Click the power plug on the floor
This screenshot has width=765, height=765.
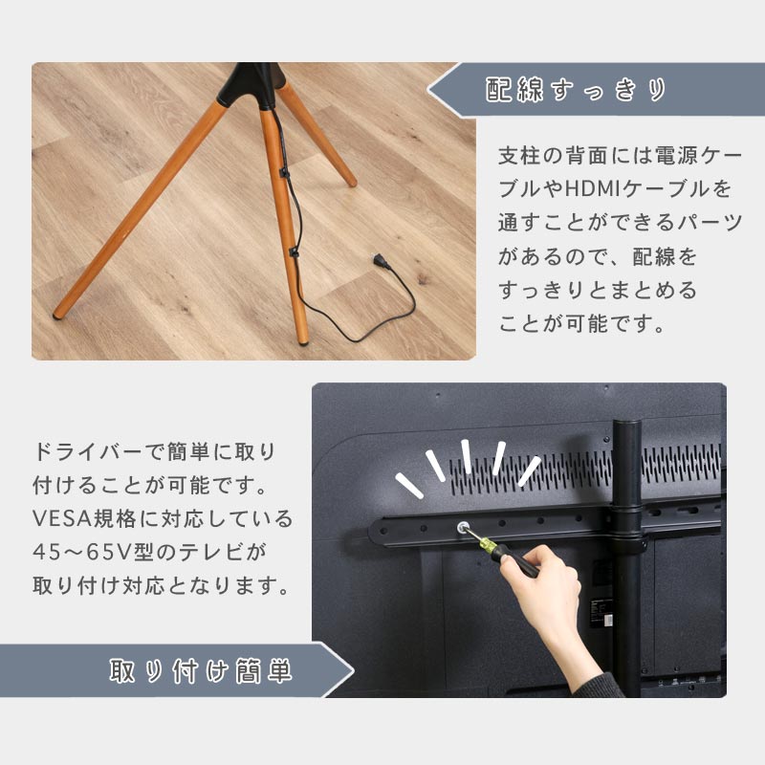click(381, 261)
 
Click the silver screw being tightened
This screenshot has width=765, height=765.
click(462, 528)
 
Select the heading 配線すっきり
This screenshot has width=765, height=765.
click(576, 90)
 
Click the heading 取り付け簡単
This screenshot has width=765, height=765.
click(201, 671)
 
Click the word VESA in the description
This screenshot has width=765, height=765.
click(62, 518)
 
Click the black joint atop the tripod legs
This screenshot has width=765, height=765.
click(252, 85)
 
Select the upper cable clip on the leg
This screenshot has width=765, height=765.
click(283, 172)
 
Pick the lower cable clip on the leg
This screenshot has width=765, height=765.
click(294, 252)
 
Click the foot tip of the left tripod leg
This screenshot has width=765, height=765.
click(57, 316)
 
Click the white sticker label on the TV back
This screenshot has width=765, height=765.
click(607, 621)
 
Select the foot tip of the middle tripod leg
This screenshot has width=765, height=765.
click(303, 341)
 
